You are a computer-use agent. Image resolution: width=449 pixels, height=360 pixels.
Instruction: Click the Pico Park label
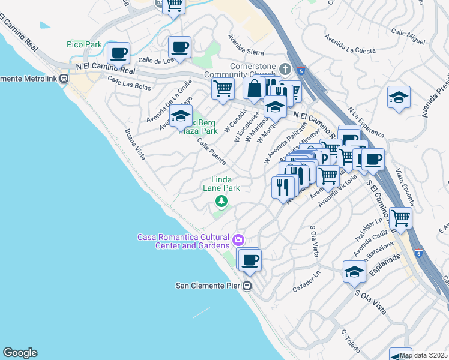(x=84, y=45)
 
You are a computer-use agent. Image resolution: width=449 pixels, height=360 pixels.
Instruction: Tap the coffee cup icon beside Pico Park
(x=119, y=52)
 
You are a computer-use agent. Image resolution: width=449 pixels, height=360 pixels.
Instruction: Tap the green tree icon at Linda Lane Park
(x=221, y=201)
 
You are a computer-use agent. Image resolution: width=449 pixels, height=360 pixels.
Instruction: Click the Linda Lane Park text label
(x=225, y=184)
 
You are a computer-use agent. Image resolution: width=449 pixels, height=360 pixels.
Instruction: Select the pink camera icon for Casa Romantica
(x=239, y=241)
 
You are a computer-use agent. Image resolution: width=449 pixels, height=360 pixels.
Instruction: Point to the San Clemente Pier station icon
(x=247, y=286)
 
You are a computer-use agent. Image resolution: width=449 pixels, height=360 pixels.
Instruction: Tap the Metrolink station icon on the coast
(x=64, y=79)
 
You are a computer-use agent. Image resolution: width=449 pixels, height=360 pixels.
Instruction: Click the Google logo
(x=20, y=353)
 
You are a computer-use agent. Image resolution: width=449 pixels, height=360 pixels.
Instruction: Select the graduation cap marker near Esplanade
(x=354, y=272)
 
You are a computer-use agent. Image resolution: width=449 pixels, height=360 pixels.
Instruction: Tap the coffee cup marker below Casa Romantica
(x=250, y=260)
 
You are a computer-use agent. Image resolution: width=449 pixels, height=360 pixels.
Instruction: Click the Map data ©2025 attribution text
(x=423, y=355)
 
